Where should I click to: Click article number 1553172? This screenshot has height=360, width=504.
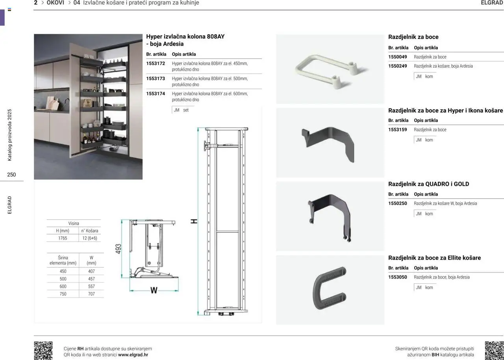[156, 63]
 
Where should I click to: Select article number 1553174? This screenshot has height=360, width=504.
[156, 94]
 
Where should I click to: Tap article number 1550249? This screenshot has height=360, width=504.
[398, 66]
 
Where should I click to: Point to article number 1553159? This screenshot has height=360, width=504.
[398, 130]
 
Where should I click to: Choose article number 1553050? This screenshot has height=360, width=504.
[398, 277]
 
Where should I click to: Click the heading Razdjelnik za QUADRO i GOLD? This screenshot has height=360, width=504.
[428, 184]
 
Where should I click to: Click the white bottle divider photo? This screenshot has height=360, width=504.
[330, 70]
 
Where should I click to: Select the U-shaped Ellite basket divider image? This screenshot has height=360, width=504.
[330, 290]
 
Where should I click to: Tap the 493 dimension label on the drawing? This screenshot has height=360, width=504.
[119, 249]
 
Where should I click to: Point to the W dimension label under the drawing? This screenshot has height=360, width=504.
[154, 291]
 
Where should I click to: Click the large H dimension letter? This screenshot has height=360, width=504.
[194, 222]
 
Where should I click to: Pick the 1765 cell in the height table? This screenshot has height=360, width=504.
[63, 238]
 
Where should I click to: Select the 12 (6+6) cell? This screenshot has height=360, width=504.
[89, 238]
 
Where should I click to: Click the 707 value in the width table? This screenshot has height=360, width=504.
[91, 294]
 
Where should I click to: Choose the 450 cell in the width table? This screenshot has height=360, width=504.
[63, 271]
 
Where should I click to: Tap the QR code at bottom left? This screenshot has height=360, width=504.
[43, 350]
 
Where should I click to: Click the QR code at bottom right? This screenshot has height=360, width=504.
[494, 350]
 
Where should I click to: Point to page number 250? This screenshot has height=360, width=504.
[11, 175]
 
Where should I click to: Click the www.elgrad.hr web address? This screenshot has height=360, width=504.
[133, 355]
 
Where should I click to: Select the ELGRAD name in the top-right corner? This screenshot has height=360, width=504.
[492, 3]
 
